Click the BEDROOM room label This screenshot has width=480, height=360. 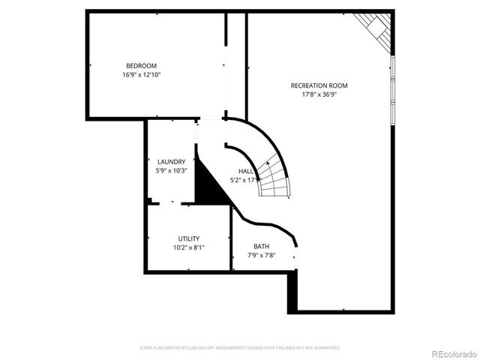point(141,65)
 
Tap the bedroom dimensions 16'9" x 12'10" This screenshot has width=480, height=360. point(141,75)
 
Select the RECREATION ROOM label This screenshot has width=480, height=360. point(319,85)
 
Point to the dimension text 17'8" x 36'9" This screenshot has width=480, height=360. point(319,95)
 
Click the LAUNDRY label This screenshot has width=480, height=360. point(172,162)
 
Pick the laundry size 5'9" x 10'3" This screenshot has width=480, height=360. point(172,171)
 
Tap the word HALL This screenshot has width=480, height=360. point(246,171)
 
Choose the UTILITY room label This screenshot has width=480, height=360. point(188,238)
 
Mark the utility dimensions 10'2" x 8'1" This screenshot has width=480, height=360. point(188,247)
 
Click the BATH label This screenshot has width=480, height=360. point(262,246)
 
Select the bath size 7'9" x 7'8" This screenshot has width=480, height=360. point(262,255)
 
